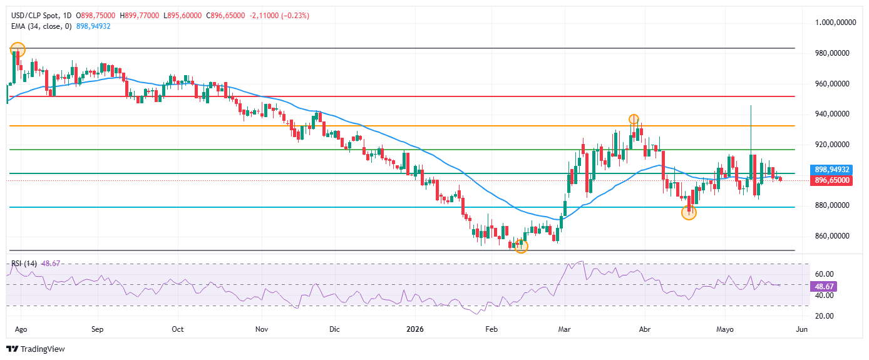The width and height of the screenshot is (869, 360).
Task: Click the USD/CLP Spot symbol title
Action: (x=35, y=16)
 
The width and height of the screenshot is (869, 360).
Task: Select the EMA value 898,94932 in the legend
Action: (x=93, y=26)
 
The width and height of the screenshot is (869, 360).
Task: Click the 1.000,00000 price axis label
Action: (x=835, y=23)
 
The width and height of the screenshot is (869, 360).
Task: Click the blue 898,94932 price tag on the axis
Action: (x=831, y=170)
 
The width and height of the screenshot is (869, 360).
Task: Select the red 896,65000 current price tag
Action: (x=831, y=180)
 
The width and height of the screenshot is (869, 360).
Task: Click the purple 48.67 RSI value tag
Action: (x=824, y=287)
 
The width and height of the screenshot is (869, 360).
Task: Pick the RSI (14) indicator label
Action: (x=24, y=264)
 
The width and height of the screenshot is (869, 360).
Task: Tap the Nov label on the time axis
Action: (x=262, y=329)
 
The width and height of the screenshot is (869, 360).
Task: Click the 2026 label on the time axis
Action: (x=414, y=329)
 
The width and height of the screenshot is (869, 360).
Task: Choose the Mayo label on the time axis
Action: (x=724, y=329)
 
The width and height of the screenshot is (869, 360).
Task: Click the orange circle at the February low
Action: (x=521, y=246)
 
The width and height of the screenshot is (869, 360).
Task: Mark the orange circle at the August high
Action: (x=18, y=49)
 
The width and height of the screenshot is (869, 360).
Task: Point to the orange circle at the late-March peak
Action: (x=634, y=119)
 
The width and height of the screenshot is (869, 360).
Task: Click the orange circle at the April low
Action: (x=689, y=213)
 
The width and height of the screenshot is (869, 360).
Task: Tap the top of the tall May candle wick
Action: (x=751, y=106)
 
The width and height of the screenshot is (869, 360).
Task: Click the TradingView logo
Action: (x=36, y=349)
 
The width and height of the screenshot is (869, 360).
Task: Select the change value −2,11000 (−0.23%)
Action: (x=279, y=16)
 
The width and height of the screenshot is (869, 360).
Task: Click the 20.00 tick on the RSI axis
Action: (x=825, y=316)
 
